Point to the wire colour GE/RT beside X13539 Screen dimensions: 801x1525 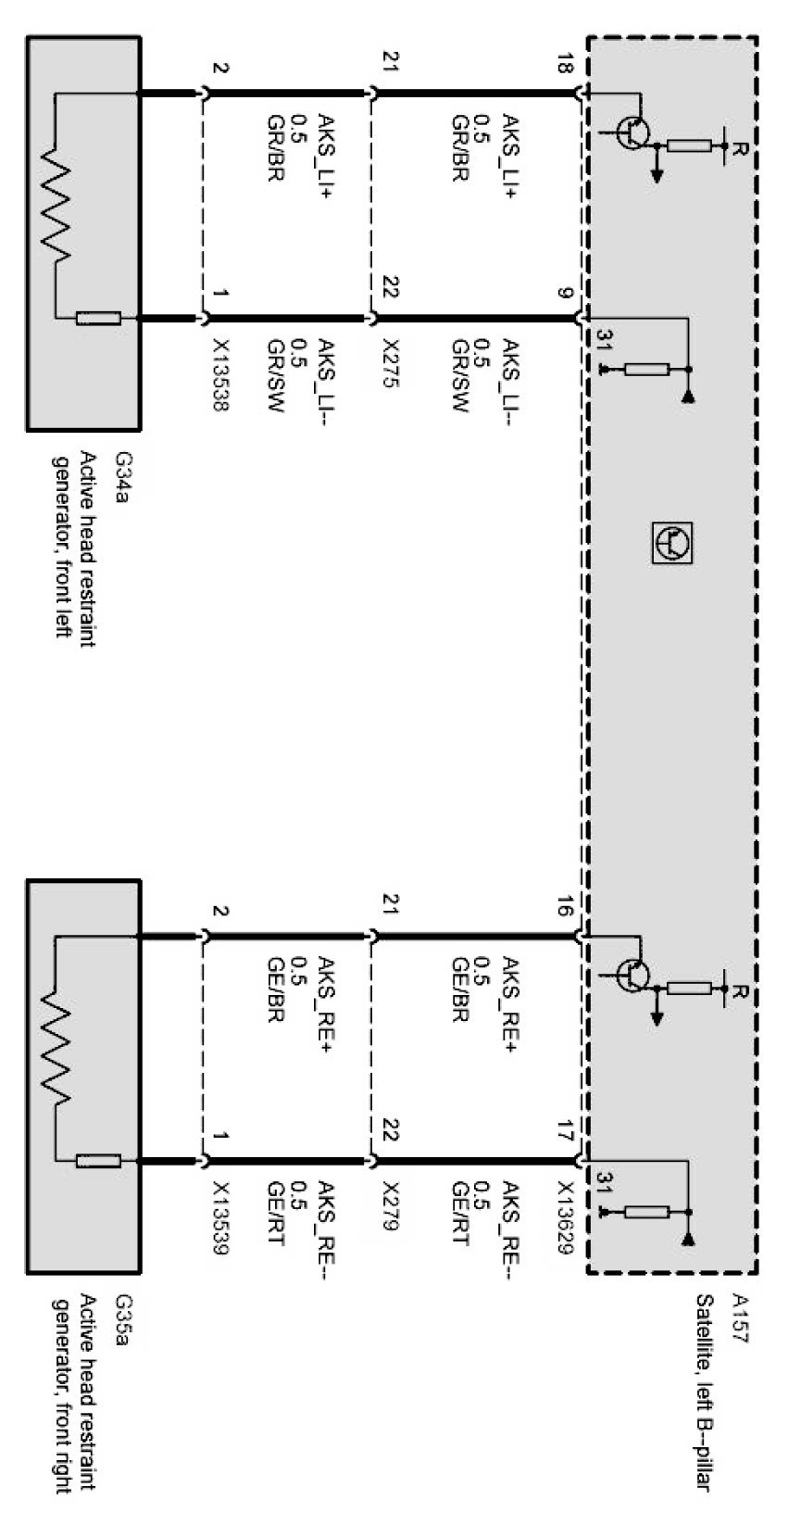(x=275, y=1214)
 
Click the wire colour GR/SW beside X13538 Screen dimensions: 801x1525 (x=275, y=374)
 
